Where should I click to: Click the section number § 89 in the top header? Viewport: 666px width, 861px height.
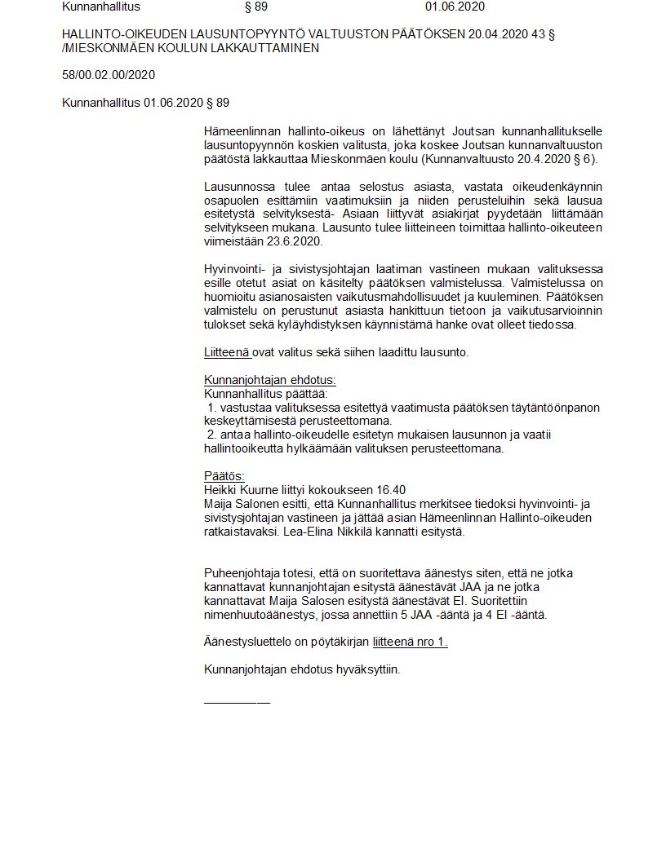[x=256, y=7]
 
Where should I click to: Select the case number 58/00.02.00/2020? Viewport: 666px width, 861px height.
[x=109, y=75]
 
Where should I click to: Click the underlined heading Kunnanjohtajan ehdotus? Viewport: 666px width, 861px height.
[x=269, y=380]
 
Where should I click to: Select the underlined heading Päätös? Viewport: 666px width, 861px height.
[x=224, y=476]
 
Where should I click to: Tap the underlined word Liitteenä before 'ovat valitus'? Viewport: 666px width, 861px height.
[x=226, y=352]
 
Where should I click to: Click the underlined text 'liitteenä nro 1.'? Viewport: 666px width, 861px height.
[x=411, y=642]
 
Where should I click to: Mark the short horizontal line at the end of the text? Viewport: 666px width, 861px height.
[x=237, y=701]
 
